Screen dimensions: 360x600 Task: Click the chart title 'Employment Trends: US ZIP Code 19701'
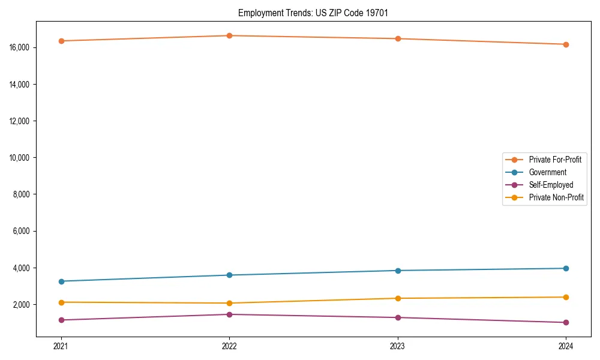tap(313, 13)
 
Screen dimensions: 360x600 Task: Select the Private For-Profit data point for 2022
tap(229, 35)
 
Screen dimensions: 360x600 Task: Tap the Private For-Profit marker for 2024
tap(566, 44)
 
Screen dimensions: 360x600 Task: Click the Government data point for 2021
tap(61, 281)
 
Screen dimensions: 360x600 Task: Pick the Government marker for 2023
tap(398, 271)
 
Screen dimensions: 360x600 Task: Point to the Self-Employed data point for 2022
tap(229, 314)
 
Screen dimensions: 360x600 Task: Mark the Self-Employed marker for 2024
tap(566, 323)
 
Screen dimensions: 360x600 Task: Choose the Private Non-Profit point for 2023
tap(398, 298)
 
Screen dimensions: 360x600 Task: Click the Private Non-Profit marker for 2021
tap(61, 302)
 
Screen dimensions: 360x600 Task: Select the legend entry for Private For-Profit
tap(554, 160)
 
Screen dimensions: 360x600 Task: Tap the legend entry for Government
tap(547, 172)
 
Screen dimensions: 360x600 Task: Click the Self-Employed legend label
tap(551, 185)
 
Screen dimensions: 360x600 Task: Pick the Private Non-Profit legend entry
tap(556, 197)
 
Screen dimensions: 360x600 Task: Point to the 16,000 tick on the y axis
tap(20, 47)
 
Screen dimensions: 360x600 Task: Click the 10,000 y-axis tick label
tap(20, 158)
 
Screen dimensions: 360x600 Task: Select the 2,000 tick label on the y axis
tap(22, 305)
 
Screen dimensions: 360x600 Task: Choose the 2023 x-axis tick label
tap(398, 346)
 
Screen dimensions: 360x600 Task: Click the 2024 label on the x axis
tap(566, 346)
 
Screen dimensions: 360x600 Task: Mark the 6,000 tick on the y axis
tap(22, 231)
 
